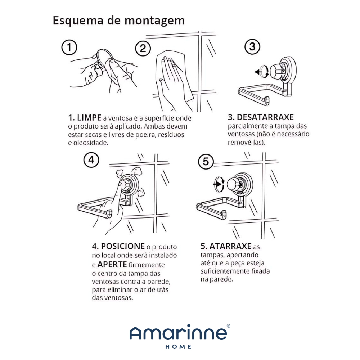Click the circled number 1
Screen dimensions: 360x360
click(x=69, y=47)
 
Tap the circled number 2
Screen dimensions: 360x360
click(x=143, y=49)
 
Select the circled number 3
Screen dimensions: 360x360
click(x=252, y=46)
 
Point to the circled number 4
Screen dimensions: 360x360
click(x=91, y=160)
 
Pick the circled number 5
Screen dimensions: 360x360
click(x=206, y=161)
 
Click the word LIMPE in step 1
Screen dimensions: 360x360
click(x=89, y=118)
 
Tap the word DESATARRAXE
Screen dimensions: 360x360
click(x=265, y=117)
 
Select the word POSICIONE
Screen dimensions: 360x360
click(x=123, y=246)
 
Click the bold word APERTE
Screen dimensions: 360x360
click(x=112, y=265)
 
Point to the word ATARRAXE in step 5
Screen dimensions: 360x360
click(x=230, y=246)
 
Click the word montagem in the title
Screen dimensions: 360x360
click(x=154, y=21)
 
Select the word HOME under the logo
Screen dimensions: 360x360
click(x=178, y=347)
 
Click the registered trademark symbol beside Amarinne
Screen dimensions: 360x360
click(x=229, y=326)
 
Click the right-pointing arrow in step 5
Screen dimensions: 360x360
click(x=217, y=184)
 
